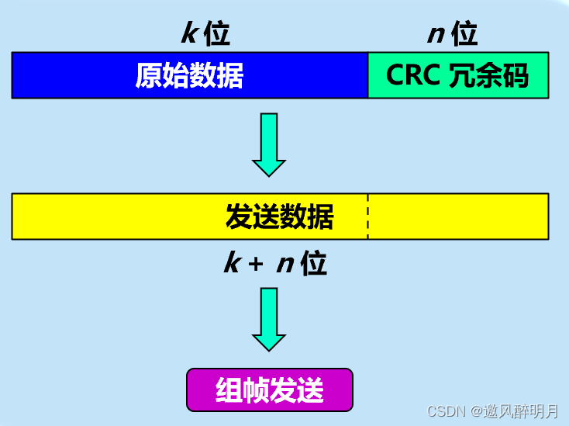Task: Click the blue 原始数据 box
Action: pos(189,75)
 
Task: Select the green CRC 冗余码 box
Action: pos(457,75)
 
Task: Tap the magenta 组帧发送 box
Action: pos(269,390)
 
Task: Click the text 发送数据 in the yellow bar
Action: pos(279,217)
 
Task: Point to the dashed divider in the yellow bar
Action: pos(367,216)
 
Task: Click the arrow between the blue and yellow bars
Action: pos(269,144)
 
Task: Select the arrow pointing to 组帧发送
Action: pos(269,319)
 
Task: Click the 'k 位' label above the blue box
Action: pos(205,33)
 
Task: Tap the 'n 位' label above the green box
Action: pos(453,33)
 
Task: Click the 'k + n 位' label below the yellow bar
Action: pos(275,264)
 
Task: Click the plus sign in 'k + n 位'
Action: pos(255,265)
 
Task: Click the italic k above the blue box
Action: pos(190,33)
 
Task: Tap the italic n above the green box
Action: pos(436,34)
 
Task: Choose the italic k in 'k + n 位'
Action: pos(232,264)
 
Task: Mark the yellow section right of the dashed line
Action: pos(457,216)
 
